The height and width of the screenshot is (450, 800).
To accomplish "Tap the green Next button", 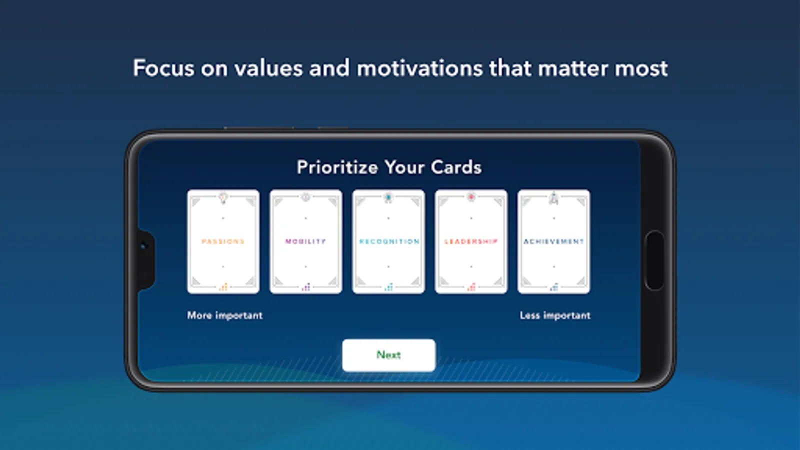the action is pos(388,355).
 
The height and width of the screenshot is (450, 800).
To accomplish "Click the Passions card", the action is pos(223,242).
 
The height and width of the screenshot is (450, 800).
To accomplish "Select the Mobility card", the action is pos(305,242).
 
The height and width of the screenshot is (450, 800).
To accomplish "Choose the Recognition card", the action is pos(388,242).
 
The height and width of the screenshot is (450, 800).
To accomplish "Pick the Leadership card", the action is pos(471,242).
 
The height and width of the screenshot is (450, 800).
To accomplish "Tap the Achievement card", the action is pos(554,242).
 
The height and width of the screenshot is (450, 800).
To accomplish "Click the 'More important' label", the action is pos(224,315).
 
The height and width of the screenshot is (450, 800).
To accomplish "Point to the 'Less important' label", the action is pos(555,315).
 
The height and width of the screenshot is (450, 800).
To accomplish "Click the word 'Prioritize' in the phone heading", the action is pos(337,167).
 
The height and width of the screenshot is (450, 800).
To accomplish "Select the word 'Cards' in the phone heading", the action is pos(456,167).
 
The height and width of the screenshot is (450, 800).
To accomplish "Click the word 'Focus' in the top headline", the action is pos(164,68).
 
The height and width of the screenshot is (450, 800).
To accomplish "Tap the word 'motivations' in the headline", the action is pos(419,68).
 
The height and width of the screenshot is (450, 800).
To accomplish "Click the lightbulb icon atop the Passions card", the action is pos(223,197).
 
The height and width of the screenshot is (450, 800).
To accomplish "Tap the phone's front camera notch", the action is pos(145,259).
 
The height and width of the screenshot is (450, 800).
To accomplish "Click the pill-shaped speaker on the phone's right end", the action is pos(654,260).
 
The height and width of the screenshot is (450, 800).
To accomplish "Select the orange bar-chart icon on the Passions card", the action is pos(223,287).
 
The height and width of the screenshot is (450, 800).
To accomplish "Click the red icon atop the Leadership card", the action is pos(471,197).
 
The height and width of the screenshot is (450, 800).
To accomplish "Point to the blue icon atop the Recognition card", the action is pos(388,197).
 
